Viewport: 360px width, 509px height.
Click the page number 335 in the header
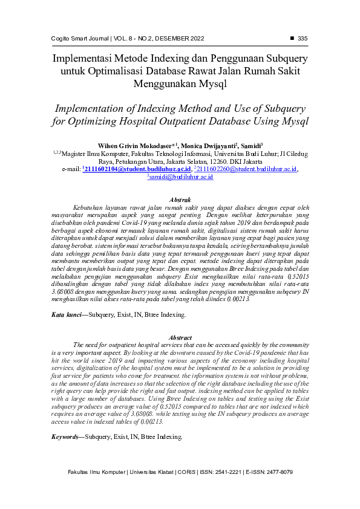(x=303, y=39)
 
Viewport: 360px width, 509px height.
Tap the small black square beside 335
(x=292, y=39)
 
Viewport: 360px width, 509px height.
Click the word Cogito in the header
(x=62, y=39)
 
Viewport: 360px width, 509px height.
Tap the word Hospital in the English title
(x=162, y=120)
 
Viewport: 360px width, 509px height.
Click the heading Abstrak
(x=180, y=199)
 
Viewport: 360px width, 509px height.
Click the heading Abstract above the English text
(x=180, y=337)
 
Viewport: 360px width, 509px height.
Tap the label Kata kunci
(x=65, y=315)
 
